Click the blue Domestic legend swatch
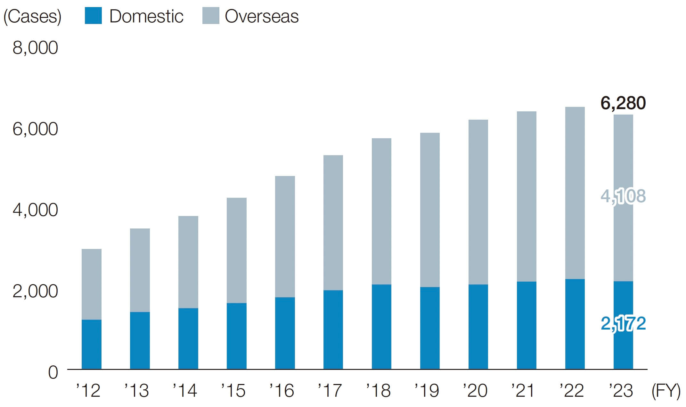(93, 16)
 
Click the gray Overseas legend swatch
(211, 16)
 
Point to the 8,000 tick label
(35, 48)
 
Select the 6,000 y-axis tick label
(35, 129)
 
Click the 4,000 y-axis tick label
(35, 210)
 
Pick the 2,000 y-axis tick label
(35, 291)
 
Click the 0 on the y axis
(53, 373)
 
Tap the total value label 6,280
(623, 103)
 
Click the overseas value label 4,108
(623, 196)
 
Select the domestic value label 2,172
(623, 324)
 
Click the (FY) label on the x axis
(666, 391)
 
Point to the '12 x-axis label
(88, 391)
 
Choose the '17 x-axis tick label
(330, 391)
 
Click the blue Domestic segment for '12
(92, 344)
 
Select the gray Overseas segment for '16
(285, 237)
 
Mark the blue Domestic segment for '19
(430, 328)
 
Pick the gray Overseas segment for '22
(575, 193)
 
